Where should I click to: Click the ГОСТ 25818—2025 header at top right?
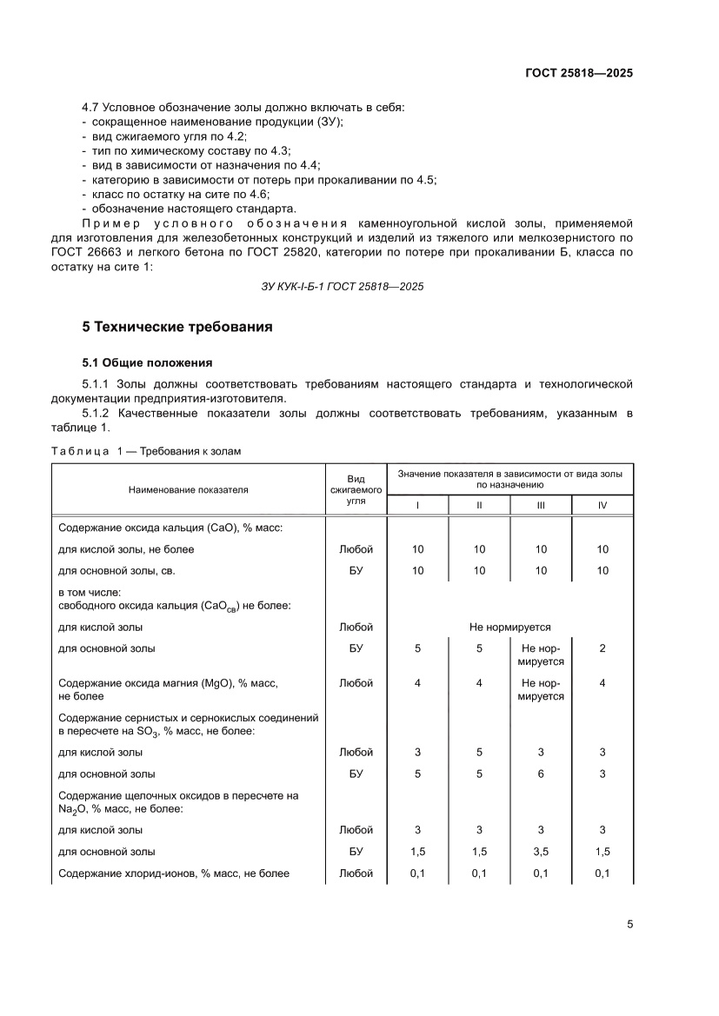pyautogui.click(x=578, y=73)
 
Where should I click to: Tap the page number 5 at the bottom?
pyautogui.click(x=629, y=924)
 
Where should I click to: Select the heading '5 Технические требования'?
pyautogui.click(x=177, y=327)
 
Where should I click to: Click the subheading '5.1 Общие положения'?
pyautogui.click(x=147, y=362)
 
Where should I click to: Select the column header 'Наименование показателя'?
pyautogui.click(x=188, y=489)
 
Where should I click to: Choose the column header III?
pyautogui.click(x=541, y=505)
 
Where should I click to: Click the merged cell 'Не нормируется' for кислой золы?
pyautogui.click(x=509, y=627)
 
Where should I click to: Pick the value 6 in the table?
pyautogui.click(x=541, y=774)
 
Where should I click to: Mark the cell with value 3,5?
pyautogui.click(x=541, y=852)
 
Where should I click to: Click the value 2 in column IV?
pyautogui.click(x=602, y=648)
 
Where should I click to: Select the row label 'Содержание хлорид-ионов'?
pyautogui.click(x=174, y=873)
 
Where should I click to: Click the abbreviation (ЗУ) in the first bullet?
pyautogui.click(x=330, y=122)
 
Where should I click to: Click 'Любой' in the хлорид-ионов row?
pyautogui.click(x=356, y=873)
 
